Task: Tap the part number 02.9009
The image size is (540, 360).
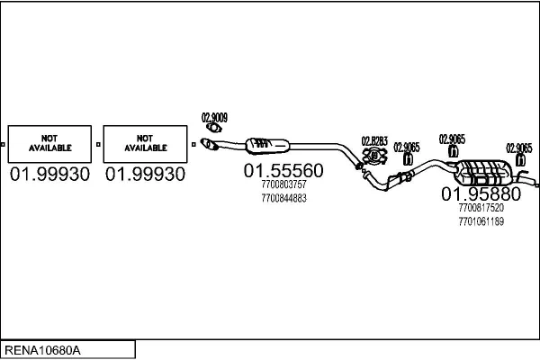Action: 213,116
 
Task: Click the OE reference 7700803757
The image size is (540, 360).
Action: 283,185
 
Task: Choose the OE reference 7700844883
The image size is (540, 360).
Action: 283,197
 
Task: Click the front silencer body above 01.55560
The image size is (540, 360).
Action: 271,144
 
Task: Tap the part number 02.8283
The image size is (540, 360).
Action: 374,140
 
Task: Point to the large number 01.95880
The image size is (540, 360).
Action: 481,194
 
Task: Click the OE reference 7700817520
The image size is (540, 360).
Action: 481,208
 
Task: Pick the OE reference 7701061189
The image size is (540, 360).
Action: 481,220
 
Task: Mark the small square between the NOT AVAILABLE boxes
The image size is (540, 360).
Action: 99,143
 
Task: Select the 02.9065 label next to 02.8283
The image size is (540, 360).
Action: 407,147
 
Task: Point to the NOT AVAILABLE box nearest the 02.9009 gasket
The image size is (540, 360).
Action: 145,143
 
